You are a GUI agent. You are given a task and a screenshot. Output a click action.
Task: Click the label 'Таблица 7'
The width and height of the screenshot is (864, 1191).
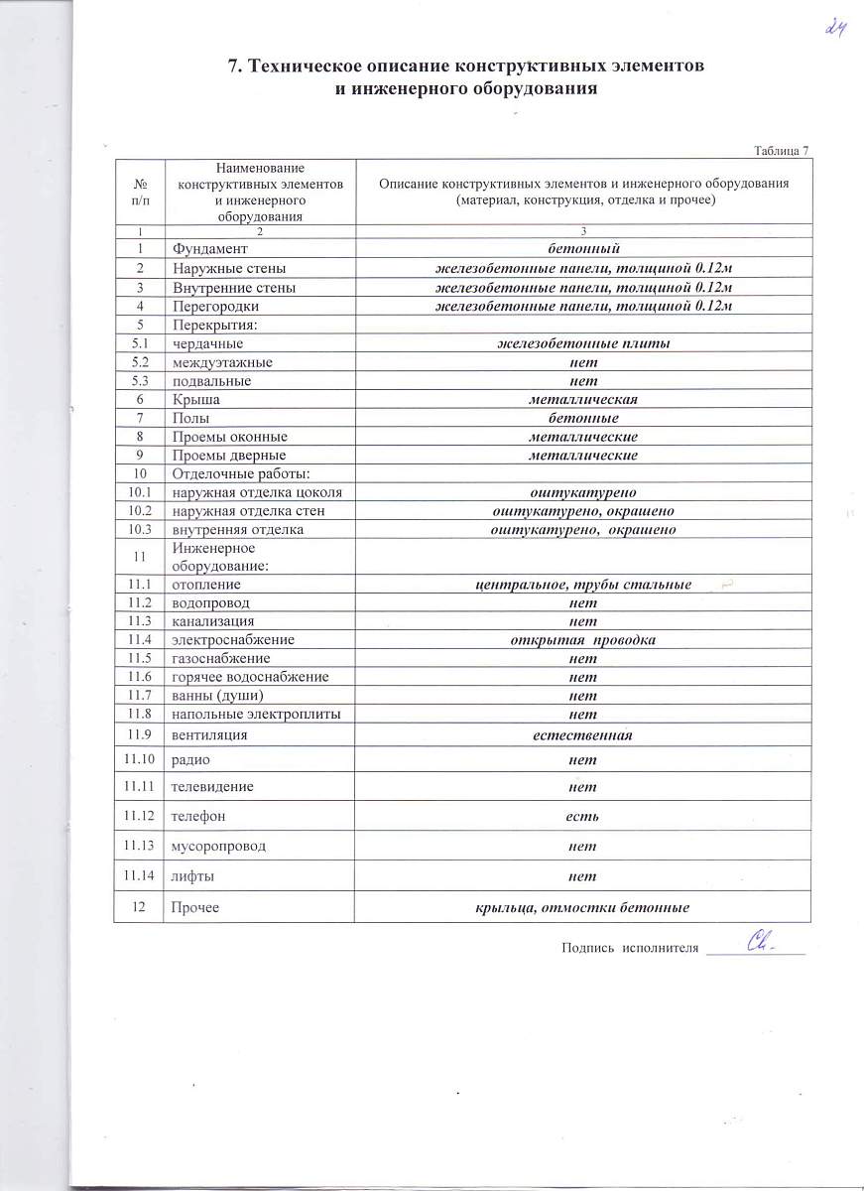[782, 150]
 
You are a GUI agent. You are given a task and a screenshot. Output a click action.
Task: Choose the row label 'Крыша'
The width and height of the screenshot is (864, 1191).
[195, 399]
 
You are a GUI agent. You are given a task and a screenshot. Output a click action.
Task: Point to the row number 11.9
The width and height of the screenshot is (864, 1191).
[140, 734]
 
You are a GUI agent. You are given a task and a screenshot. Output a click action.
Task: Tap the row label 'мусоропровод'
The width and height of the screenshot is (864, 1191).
[219, 847]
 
